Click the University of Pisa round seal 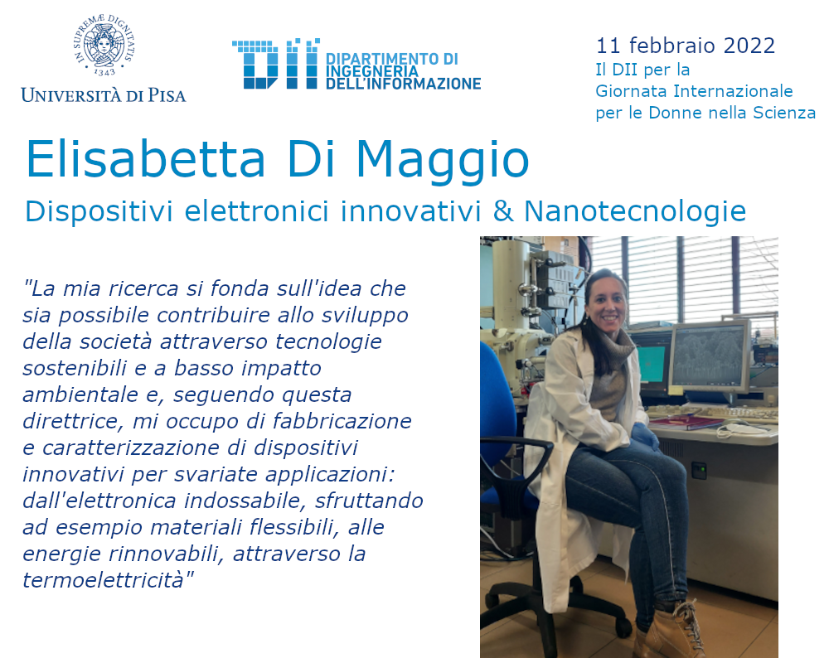(104, 46)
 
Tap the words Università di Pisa (104, 95)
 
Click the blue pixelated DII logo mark (275, 63)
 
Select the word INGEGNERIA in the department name (371, 71)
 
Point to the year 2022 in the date (749, 46)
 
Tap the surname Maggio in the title (443, 160)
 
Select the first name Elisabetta (145, 159)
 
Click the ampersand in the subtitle (503, 211)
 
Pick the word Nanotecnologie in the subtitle (635, 211)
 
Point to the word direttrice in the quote (72, 421)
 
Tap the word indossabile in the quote (245, 501)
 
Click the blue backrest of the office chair (497, 395)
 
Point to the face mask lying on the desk (744, 427)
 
